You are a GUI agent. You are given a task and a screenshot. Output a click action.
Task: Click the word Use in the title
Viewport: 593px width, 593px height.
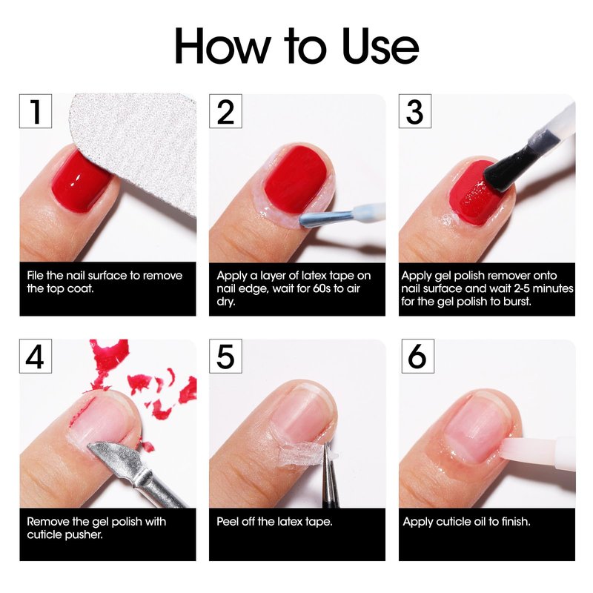coord(380,47)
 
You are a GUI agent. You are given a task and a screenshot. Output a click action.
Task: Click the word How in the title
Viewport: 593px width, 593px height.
coord(222,46)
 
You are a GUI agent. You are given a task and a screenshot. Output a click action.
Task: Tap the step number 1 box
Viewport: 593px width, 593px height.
coord(36,111)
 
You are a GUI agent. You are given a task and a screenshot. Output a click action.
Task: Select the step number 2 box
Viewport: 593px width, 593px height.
coord(225,111)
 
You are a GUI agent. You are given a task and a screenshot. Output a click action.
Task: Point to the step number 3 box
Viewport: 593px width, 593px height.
coord(415,111)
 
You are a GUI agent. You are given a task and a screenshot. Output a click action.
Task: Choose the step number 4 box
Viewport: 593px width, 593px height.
coord(36,357)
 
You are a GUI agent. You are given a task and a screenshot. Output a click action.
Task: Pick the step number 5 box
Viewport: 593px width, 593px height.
coord(225,357)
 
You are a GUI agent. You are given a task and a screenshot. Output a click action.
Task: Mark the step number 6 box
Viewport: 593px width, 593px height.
coord(417,357)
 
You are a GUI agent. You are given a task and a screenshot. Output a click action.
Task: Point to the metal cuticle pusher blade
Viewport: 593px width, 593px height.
coord(113,460)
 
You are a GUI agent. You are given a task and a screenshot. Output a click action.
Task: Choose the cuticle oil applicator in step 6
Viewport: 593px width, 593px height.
coord(537,451)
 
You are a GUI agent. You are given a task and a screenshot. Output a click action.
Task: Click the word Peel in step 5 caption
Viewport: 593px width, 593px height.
coord(228,522)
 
